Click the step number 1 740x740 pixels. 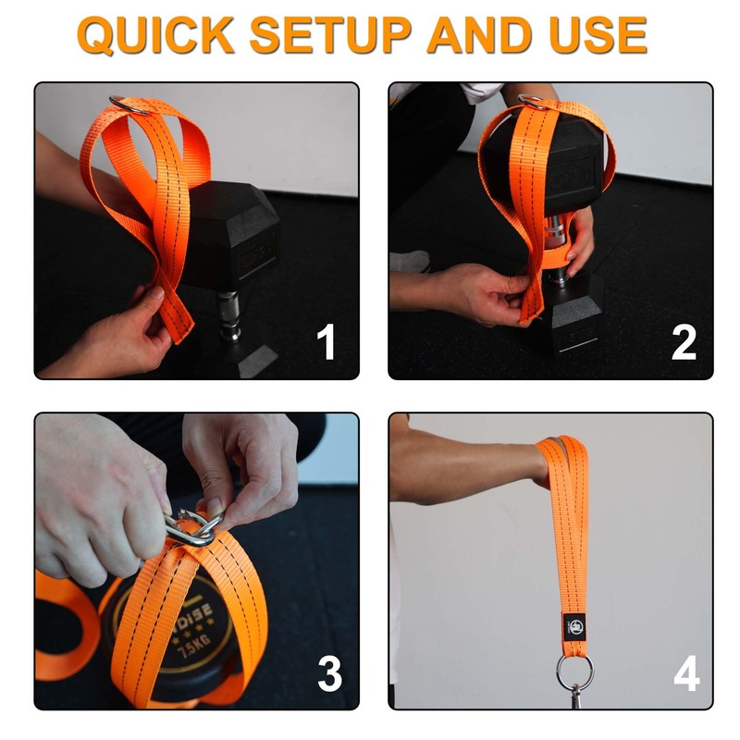pyautogui.click(x=326, y=343)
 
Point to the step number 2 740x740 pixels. pyautogui.click(x=684, y=343)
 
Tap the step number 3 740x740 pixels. pyautogui.click(x=330, y=674)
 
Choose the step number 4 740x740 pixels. pyautogui.click(x=685, y=674)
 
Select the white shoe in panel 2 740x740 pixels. pyautogui.click(x=408, y=261)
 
